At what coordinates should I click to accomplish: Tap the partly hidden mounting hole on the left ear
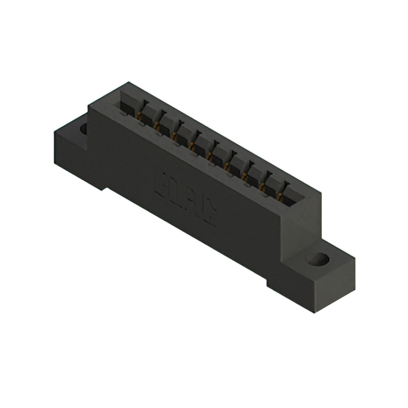[x=83, y=129]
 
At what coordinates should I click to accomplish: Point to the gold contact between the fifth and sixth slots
[x=211, y=152]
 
